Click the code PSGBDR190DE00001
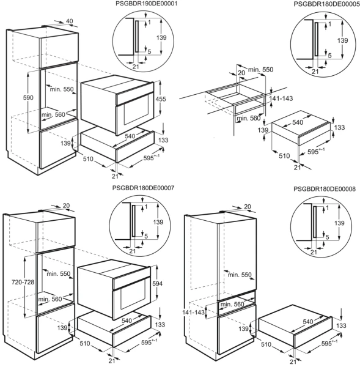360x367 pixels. click(x=147, y=4)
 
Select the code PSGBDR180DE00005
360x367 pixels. click(x=326, y=4)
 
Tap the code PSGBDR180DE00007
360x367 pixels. click(x=143, y=188)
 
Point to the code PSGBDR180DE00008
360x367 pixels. click(x=324, y=189)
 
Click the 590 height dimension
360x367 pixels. click(x=28, y=98)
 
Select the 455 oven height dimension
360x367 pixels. click(x=161, y=99)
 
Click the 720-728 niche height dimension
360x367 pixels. click(x=23, y=282)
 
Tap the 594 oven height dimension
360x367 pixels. click(x=157, y=284)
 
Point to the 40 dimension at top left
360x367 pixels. click(x=70, y=21)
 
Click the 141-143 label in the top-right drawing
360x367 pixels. click(x=281, y=98)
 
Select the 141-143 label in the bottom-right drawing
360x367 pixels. click(x=193, y=312)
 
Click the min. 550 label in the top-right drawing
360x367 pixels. click(x=260, y=70)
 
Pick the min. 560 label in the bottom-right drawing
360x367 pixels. click(x=232, y=304)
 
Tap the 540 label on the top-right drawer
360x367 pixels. click(x=298, y=122)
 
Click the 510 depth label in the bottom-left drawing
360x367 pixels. click(x=85, y=343)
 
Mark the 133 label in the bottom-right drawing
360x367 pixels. click(x=341, y=325)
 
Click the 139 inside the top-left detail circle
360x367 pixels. click(x=161, y=37)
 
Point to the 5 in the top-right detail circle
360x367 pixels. click(x=330, y=56)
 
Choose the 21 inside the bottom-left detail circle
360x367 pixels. click(x=133, y=251)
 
